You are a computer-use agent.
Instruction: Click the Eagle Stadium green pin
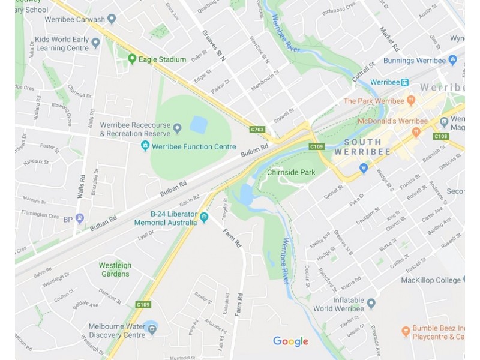click(x=132, y=59)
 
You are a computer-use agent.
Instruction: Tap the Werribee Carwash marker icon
click(x=111, y=19)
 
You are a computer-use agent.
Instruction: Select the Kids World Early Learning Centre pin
click(x=95, y=43)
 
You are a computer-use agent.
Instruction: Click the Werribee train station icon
click(x=406, y=82)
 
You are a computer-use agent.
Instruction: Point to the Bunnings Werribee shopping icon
click(x=452, y=60)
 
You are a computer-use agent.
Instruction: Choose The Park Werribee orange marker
click(x=411, y=100)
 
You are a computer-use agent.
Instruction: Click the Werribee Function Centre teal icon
click(x=145, y=146)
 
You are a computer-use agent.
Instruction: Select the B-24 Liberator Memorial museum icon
click(x=204, y=217)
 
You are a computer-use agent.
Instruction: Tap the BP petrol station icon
click(x=80, y=218)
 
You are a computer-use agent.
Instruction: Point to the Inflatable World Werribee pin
click(x=371, y=304)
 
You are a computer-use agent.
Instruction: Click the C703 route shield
click(x=257, y=129)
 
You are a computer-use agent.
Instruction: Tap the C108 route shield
click(x=441, y=136)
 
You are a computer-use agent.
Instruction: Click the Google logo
click(x=290, y=341)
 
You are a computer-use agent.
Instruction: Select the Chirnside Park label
click(x=291, y=172)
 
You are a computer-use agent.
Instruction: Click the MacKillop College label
click(x=431, y=280)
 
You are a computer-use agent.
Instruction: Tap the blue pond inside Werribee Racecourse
click(x=199, y=124)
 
